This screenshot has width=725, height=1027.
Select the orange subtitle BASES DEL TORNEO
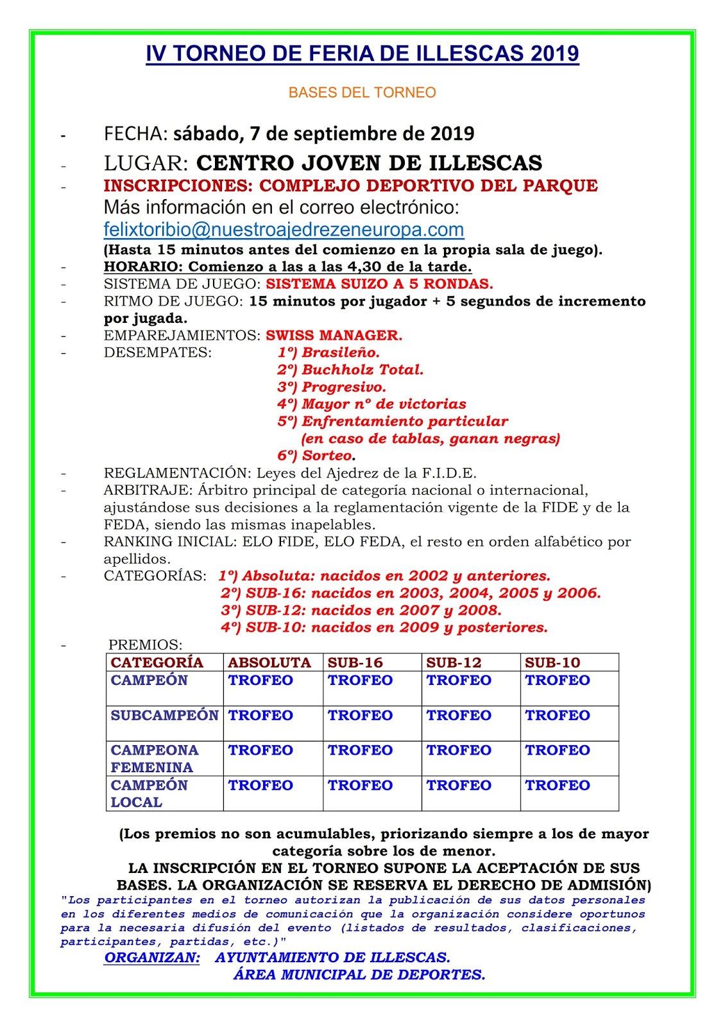click(x=362, y=92)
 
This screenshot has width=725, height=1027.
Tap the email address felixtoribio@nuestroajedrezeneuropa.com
click(x=284, y=229)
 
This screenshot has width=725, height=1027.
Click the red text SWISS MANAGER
click(x=334, y=335)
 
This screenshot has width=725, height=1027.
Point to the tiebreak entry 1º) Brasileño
click(x=328, y=352)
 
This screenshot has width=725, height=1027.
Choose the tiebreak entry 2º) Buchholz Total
click(x=350, y=370)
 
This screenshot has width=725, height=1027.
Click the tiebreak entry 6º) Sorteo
click(x=316, y=456)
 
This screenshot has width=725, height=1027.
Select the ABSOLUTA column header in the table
click(x=269, y=662)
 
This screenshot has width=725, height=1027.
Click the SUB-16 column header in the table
click(x=355, y=662)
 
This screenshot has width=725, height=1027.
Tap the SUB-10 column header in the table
click(x=552, y=662)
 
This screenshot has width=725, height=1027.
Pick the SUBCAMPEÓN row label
click(x=164, y=715)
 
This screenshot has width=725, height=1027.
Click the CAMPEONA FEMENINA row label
click(x=154, y=759)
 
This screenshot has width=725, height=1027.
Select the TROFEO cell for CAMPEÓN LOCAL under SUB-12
click(x=459, y=785)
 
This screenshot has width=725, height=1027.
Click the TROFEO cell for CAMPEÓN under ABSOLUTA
click(x=260, y=680)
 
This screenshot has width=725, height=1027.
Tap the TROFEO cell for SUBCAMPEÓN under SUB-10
click(x=557, y=715)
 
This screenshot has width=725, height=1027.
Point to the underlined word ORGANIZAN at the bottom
click(x=152, y=958)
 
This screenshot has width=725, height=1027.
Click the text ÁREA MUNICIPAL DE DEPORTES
click(x=359, y=975)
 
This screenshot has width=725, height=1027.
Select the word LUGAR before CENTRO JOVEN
click(x=146, y=163)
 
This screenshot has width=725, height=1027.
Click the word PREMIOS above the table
click(x=145, y=644)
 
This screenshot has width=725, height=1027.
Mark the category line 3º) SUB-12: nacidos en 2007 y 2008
click(x=361, y=610)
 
